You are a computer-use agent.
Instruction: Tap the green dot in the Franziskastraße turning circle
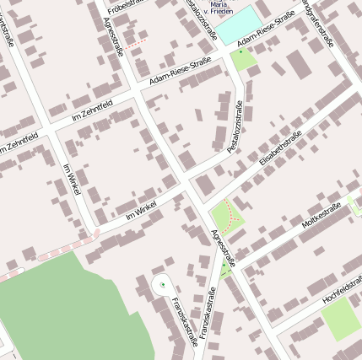tap(162, 284)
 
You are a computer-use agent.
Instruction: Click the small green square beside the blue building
tap(243, 59)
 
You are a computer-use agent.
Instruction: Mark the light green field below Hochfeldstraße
tap(340, 319)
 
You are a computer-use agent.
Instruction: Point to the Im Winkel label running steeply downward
tap(71, 180)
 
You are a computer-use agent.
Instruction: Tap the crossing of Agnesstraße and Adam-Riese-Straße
tap(135, 88)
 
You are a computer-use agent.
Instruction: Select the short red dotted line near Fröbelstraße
tap(138, 40)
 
